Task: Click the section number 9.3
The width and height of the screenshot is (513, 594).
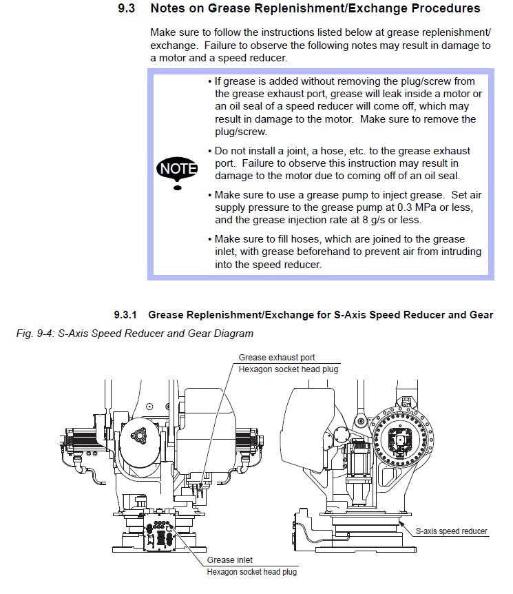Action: click(x=129, y=9)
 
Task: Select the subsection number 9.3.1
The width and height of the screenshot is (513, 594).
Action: click(x=126, y=315)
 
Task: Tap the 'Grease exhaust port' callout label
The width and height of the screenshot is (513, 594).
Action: click(x=277, y=358)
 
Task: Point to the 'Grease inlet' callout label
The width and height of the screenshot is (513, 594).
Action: click(x=229, y=560)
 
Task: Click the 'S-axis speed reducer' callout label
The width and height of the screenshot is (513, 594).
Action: click(x=452, y=531)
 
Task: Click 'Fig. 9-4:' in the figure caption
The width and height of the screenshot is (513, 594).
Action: click(x=35, y=334)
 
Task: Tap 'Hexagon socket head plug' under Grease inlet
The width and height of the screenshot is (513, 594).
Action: click(x=253, y=572)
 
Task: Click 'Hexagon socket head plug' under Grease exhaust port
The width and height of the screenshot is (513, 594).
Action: click(x=289, y=369)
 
